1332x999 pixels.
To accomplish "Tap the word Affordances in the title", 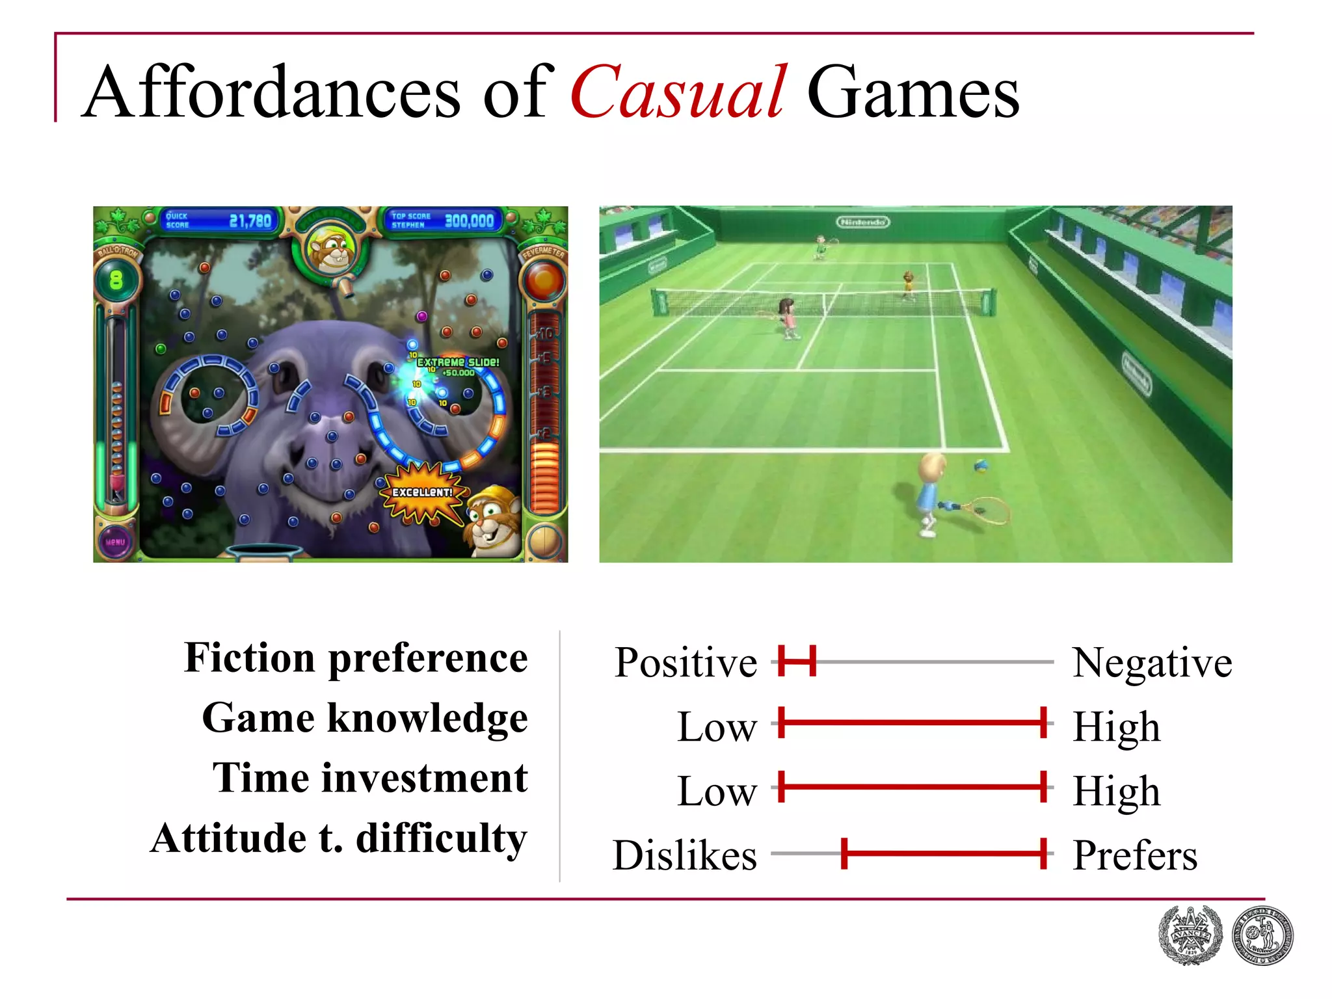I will [273, 93].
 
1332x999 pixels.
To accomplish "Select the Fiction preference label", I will [356, 658].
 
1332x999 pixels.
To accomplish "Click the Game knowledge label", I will [365, 719].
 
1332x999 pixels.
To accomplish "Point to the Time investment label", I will [370, 779].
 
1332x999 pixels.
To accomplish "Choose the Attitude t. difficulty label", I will [339, 838].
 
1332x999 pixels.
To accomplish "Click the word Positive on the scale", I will [686, 663].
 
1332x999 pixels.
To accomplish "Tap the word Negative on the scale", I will [1152, 663].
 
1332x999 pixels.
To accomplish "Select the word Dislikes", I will [685, 855].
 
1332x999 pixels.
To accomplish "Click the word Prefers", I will [1135, 855].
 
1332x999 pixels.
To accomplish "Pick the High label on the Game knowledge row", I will [1116, 727].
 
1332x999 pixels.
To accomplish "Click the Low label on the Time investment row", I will [717, 792].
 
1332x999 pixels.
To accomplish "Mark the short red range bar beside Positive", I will [797, 661].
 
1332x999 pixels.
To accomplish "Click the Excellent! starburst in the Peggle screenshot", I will [423, 492].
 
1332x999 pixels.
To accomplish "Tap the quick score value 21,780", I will [250, 221].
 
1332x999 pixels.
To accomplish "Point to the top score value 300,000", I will [469, 221].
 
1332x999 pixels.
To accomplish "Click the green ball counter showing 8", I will [116, 280].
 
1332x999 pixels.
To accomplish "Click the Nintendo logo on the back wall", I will [862, 222].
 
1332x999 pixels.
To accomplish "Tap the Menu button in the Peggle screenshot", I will [115, 542].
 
